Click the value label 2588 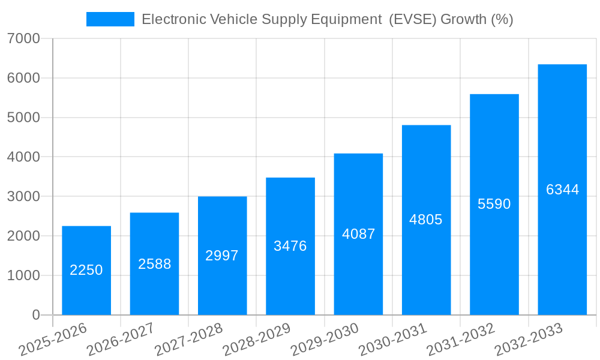click(155, 264)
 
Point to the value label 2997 click(222, 256)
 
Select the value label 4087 click(358, 234)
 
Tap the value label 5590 click(494, 204)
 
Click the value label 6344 click(562, 190)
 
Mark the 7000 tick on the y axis click(24, 39)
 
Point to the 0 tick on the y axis click(35, 315)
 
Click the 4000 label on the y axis click(24, 157)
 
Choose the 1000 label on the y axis click(24, 275)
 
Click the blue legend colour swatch click(110, 19)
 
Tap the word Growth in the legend click(464, 19)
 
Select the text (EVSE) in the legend click(412, 19)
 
